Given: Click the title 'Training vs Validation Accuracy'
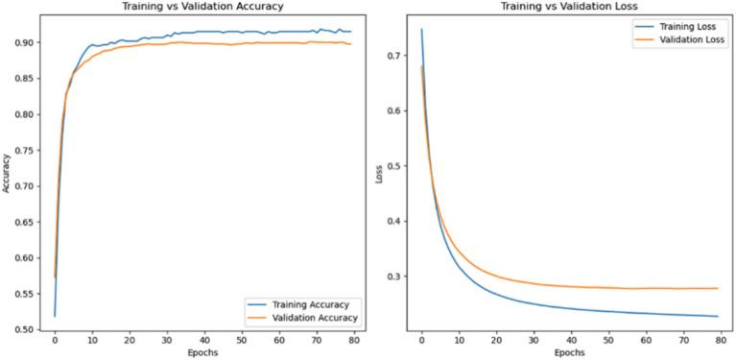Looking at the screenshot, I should tap(203, 6).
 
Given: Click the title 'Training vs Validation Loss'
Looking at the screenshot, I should tap(570, 6).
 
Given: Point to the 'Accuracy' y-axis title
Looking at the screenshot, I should tap(7, 175).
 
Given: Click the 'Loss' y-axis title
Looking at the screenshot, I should tap(379, 175).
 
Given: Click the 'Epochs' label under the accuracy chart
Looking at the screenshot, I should tap(203, 352).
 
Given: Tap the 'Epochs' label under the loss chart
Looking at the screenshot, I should tap(570, 352).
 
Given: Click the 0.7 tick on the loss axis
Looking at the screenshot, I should tap(396, 56).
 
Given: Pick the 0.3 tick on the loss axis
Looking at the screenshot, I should tap(396, 276).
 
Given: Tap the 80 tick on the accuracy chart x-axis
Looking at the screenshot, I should tap(354, 340).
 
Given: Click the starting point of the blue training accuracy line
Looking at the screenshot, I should tap(55, 315).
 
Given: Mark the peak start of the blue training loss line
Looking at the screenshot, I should tap(421, 30).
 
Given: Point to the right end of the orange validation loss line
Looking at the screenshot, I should tap(717, 288).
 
